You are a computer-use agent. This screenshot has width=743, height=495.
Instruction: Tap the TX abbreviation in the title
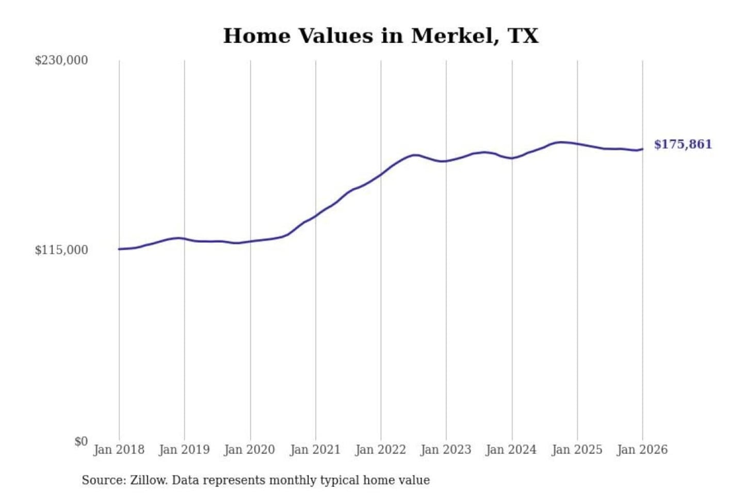coord(523,36)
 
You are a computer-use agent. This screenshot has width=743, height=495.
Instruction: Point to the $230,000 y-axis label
coord(61,60)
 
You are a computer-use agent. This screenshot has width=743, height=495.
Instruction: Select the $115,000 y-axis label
coord(61,250)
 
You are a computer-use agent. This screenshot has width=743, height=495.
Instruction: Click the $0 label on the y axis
coord(81,441)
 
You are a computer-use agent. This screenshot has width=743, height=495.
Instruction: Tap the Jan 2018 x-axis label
coord(119,450)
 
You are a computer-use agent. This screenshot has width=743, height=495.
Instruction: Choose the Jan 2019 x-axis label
coord(184,450)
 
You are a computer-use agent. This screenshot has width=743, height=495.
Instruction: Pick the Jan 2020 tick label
coord(250,450)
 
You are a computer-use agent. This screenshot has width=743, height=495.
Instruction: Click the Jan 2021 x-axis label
coord(315,450)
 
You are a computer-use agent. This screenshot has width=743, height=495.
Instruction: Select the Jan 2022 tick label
coord(381,450)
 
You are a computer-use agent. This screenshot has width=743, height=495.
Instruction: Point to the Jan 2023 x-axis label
coord(446,450)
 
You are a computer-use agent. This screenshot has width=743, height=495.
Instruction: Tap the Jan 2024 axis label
coord(511,450)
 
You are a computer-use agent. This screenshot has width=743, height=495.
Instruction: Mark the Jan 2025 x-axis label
coord(577,450)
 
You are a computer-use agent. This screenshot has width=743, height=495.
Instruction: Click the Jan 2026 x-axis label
coord(642,450)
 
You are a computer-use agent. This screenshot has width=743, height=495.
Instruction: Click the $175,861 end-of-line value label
coord(683,144)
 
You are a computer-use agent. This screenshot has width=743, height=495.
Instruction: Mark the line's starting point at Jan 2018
coord(119,249)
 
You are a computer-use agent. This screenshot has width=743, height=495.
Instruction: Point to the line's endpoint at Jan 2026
coord(642,149)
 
